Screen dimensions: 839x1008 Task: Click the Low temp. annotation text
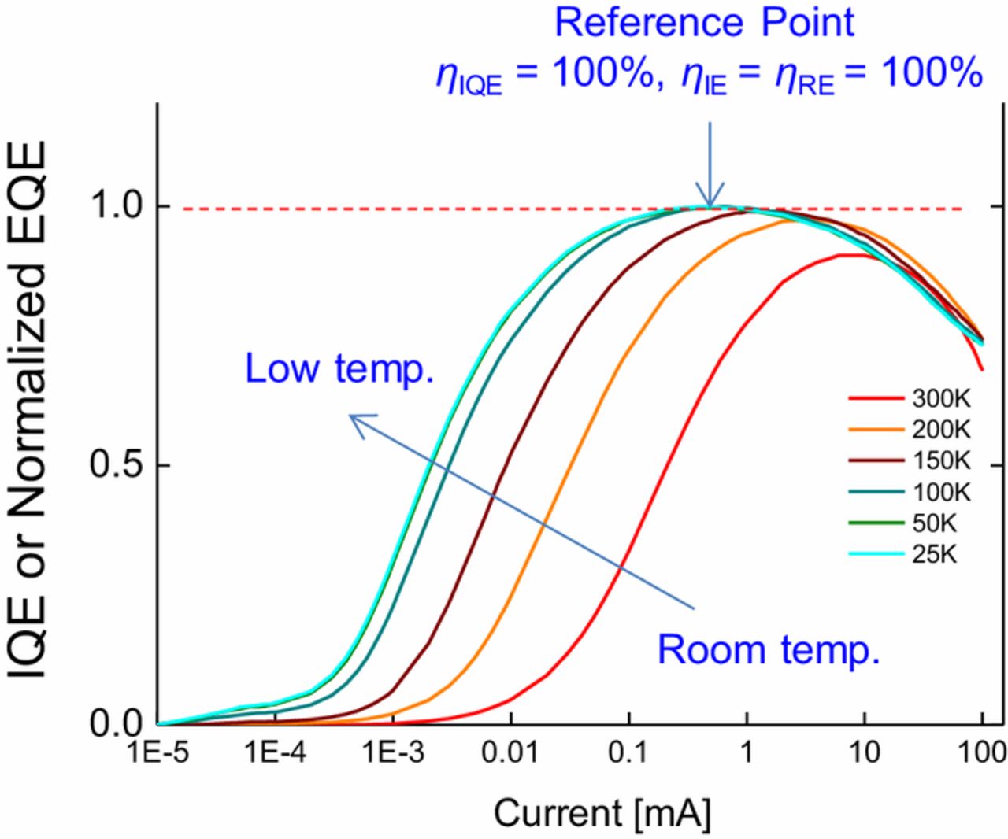(x=339, y=368)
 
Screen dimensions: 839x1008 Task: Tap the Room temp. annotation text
(x=768, y=650)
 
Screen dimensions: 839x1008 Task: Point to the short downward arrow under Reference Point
(x=710, y=165)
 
